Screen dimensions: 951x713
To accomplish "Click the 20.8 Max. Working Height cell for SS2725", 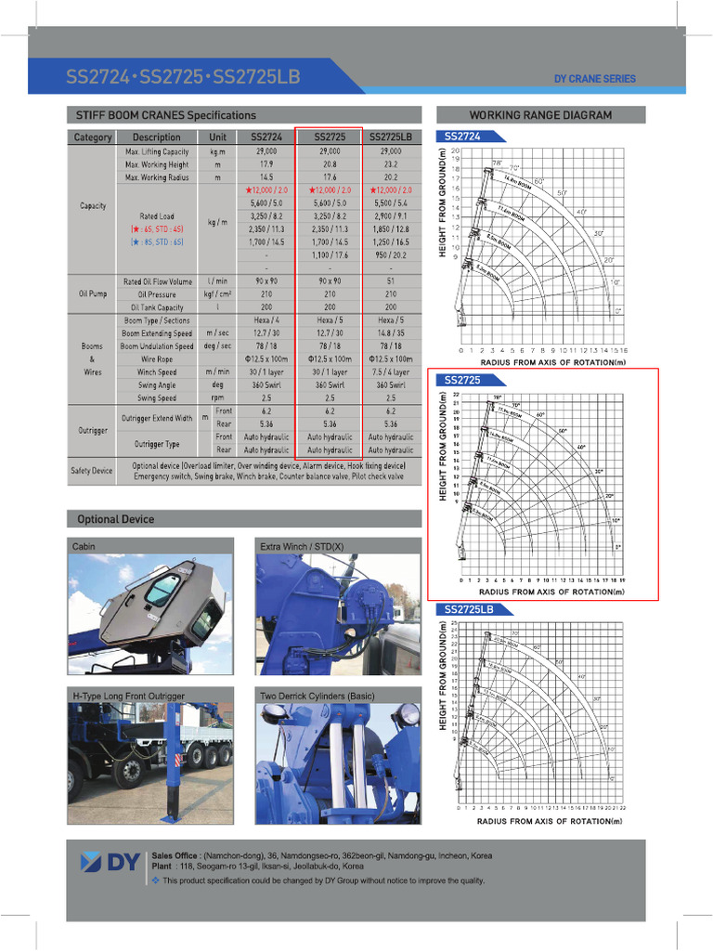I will tap(330, 164).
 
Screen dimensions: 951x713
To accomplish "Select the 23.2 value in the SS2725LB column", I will tap(391, 164).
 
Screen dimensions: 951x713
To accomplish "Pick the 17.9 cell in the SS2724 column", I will tap(266, 164).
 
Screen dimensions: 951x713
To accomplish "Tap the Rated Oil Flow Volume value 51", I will tap(391, 281).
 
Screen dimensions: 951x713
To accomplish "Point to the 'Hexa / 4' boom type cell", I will tap(266, 320).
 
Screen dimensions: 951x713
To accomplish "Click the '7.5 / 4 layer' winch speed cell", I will tap(391, 372).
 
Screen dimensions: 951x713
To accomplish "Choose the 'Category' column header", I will tap(93, 137).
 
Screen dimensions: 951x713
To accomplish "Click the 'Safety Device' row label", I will tap(91, 471).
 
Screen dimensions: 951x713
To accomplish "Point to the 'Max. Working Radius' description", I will tap(157, 176).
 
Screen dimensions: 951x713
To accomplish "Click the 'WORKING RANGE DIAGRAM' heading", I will tap(539, 115).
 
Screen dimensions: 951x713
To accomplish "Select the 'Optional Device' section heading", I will tap(116, 519).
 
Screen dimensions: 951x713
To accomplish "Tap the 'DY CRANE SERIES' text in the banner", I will tap(595, 79).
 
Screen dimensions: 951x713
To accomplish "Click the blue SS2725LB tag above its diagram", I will tap(469, 609).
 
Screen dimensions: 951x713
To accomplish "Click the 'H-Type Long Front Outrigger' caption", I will tap(128, 696).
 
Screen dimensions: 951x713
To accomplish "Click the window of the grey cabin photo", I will tap(162, 590).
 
